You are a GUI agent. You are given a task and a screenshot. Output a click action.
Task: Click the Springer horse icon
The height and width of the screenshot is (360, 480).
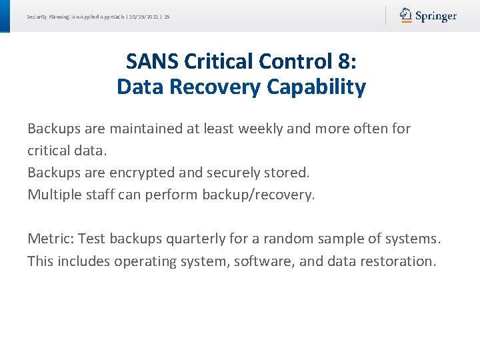406,15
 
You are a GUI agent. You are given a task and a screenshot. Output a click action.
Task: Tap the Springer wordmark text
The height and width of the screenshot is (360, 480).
436,16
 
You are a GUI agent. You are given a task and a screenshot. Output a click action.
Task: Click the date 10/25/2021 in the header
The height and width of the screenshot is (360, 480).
141,17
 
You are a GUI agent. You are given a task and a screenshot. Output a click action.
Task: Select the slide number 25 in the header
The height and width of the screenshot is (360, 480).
167,17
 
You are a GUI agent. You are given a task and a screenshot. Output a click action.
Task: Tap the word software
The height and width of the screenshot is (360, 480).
262,261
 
